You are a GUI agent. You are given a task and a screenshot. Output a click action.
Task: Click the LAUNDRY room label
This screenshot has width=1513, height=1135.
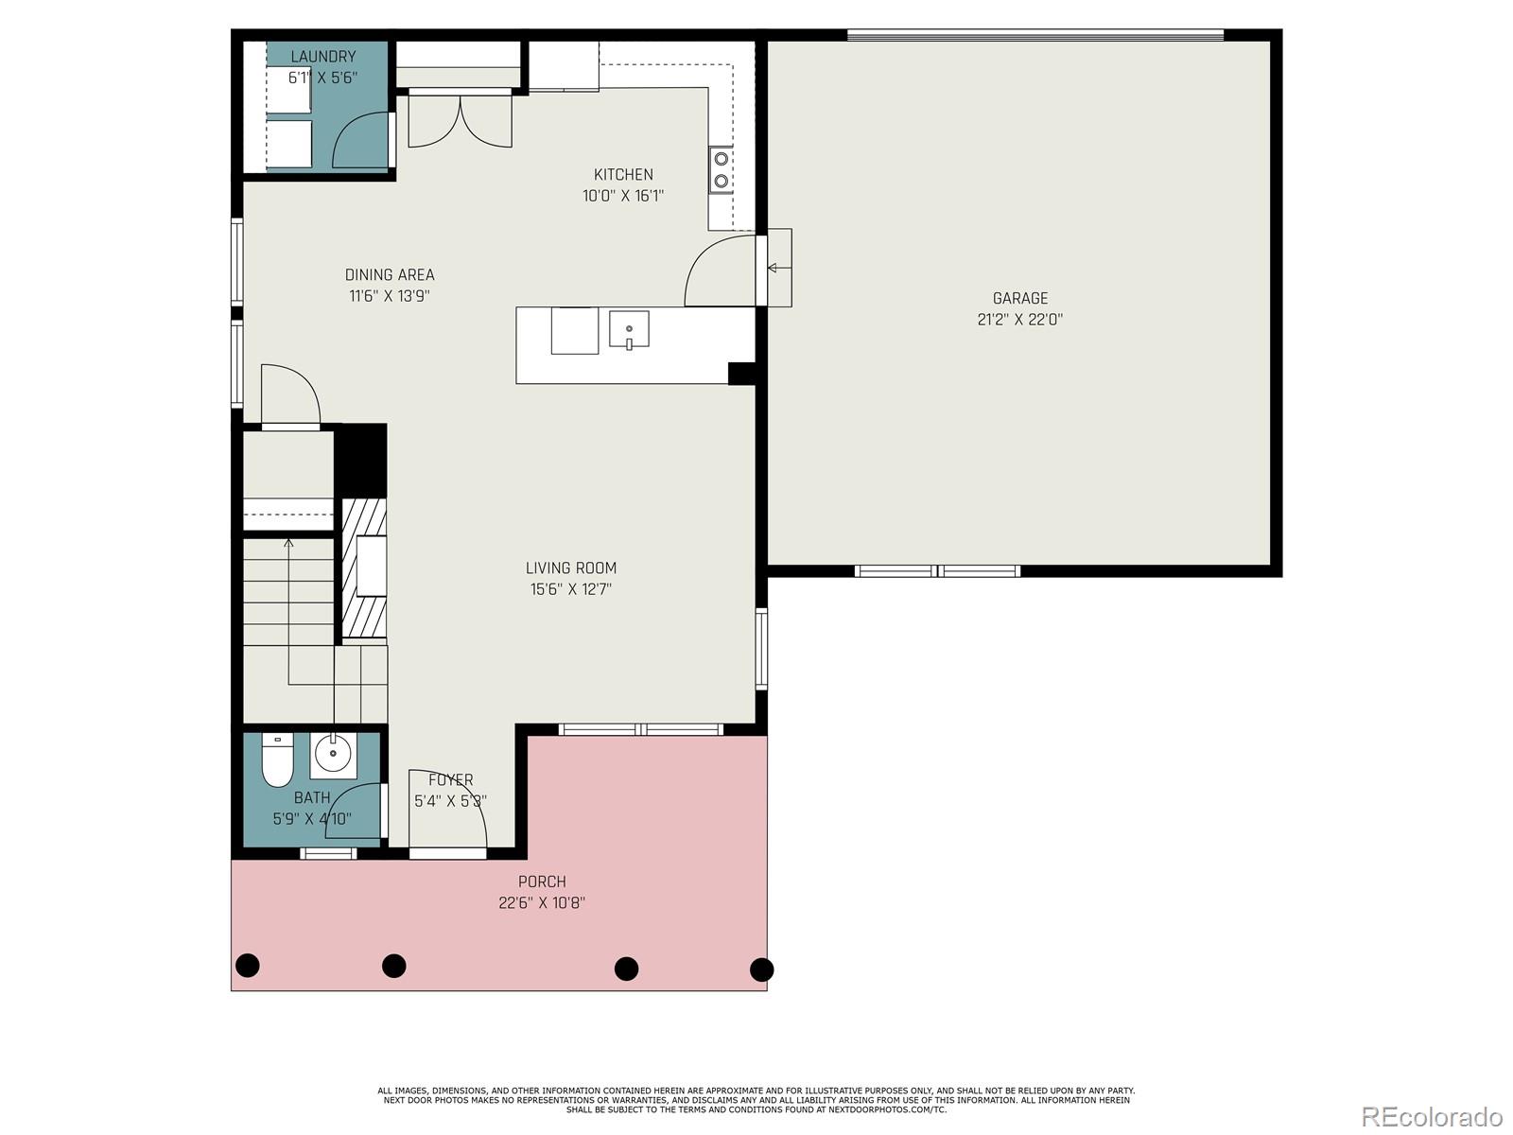(x=322, y=57)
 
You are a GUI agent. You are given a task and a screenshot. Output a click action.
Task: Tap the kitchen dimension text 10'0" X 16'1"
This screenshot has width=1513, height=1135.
(x=623, y=196)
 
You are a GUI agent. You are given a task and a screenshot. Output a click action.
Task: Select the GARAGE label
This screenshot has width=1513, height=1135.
(x=1019, y=298)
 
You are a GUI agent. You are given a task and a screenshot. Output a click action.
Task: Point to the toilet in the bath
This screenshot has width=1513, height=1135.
(x=277, y=761)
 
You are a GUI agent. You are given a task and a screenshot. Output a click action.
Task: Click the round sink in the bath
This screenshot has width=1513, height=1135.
(x=333, y=754)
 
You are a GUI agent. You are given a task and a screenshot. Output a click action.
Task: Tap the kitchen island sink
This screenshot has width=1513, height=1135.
(x=629, y=330)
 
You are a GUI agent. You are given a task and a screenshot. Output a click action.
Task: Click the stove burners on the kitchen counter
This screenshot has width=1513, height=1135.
(x=722, y=170)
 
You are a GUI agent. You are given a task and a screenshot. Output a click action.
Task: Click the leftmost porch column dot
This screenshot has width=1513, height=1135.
(x=247, y=966)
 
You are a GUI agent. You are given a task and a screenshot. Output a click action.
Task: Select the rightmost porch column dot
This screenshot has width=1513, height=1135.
(x=761, y=969)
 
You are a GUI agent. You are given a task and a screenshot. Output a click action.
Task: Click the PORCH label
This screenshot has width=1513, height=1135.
(x=542, y=882)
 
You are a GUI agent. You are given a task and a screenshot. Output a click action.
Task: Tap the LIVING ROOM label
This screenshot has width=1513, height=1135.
(x=570, y=567)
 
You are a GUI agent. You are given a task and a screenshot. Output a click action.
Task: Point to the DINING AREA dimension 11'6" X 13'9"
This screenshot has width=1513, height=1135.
(x=390, y=295)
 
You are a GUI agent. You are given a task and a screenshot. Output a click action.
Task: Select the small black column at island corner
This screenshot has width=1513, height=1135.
(x=741, y=374)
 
